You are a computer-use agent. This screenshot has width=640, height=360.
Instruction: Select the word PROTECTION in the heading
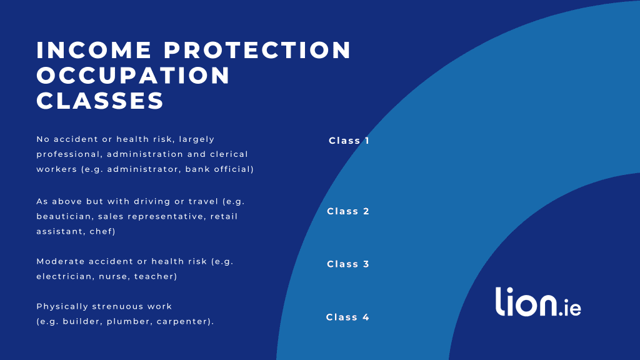[x=252, y=51]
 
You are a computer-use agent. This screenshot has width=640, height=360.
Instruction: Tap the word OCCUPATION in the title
[x=134, y=76]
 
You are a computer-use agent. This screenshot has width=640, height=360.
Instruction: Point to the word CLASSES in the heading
[x=100, y=100]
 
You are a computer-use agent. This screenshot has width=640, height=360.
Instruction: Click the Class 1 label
[x=349, y=141]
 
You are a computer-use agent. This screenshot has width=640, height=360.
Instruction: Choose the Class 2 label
[x=348, y=211]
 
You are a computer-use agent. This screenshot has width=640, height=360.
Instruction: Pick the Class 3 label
[x=348, y=264]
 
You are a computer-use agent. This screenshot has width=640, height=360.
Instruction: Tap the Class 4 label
[x=347, y=317]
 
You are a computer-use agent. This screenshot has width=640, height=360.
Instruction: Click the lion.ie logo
[x=538, y=302]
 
